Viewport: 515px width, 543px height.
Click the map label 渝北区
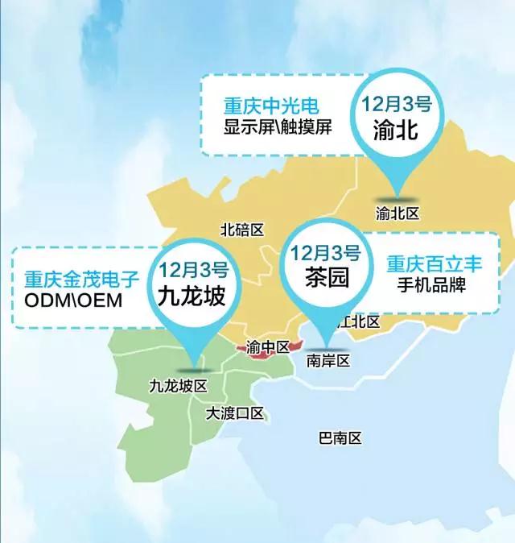point(398,213)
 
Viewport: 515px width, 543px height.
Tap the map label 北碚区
point(242,230)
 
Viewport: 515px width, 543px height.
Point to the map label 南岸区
point(329,360)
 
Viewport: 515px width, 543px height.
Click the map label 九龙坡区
point(179,386)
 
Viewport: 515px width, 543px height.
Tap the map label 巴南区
point(340,438)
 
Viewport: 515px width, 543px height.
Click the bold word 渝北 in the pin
point(397,129)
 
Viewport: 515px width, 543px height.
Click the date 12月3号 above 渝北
point(397,104)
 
